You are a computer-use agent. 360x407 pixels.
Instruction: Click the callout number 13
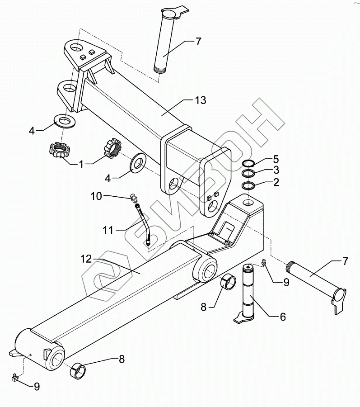tap(200, 100)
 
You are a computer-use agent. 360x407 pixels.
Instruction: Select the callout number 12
tap(86, 259)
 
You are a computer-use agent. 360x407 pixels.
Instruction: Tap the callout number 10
tap(97, 196)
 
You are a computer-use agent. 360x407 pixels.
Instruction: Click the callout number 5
tap(276, 159)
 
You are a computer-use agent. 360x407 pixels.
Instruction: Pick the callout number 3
tap(276, 170)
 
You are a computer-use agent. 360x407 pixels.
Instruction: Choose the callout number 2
tap(276, 182)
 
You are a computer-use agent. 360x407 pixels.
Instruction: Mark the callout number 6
tap(283, 317)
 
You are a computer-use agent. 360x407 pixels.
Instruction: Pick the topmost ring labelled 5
tap(248, 163)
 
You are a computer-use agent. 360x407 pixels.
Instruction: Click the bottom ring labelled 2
tap(248, 185)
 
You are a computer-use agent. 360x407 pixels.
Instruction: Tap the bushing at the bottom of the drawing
tap(79, 369)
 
